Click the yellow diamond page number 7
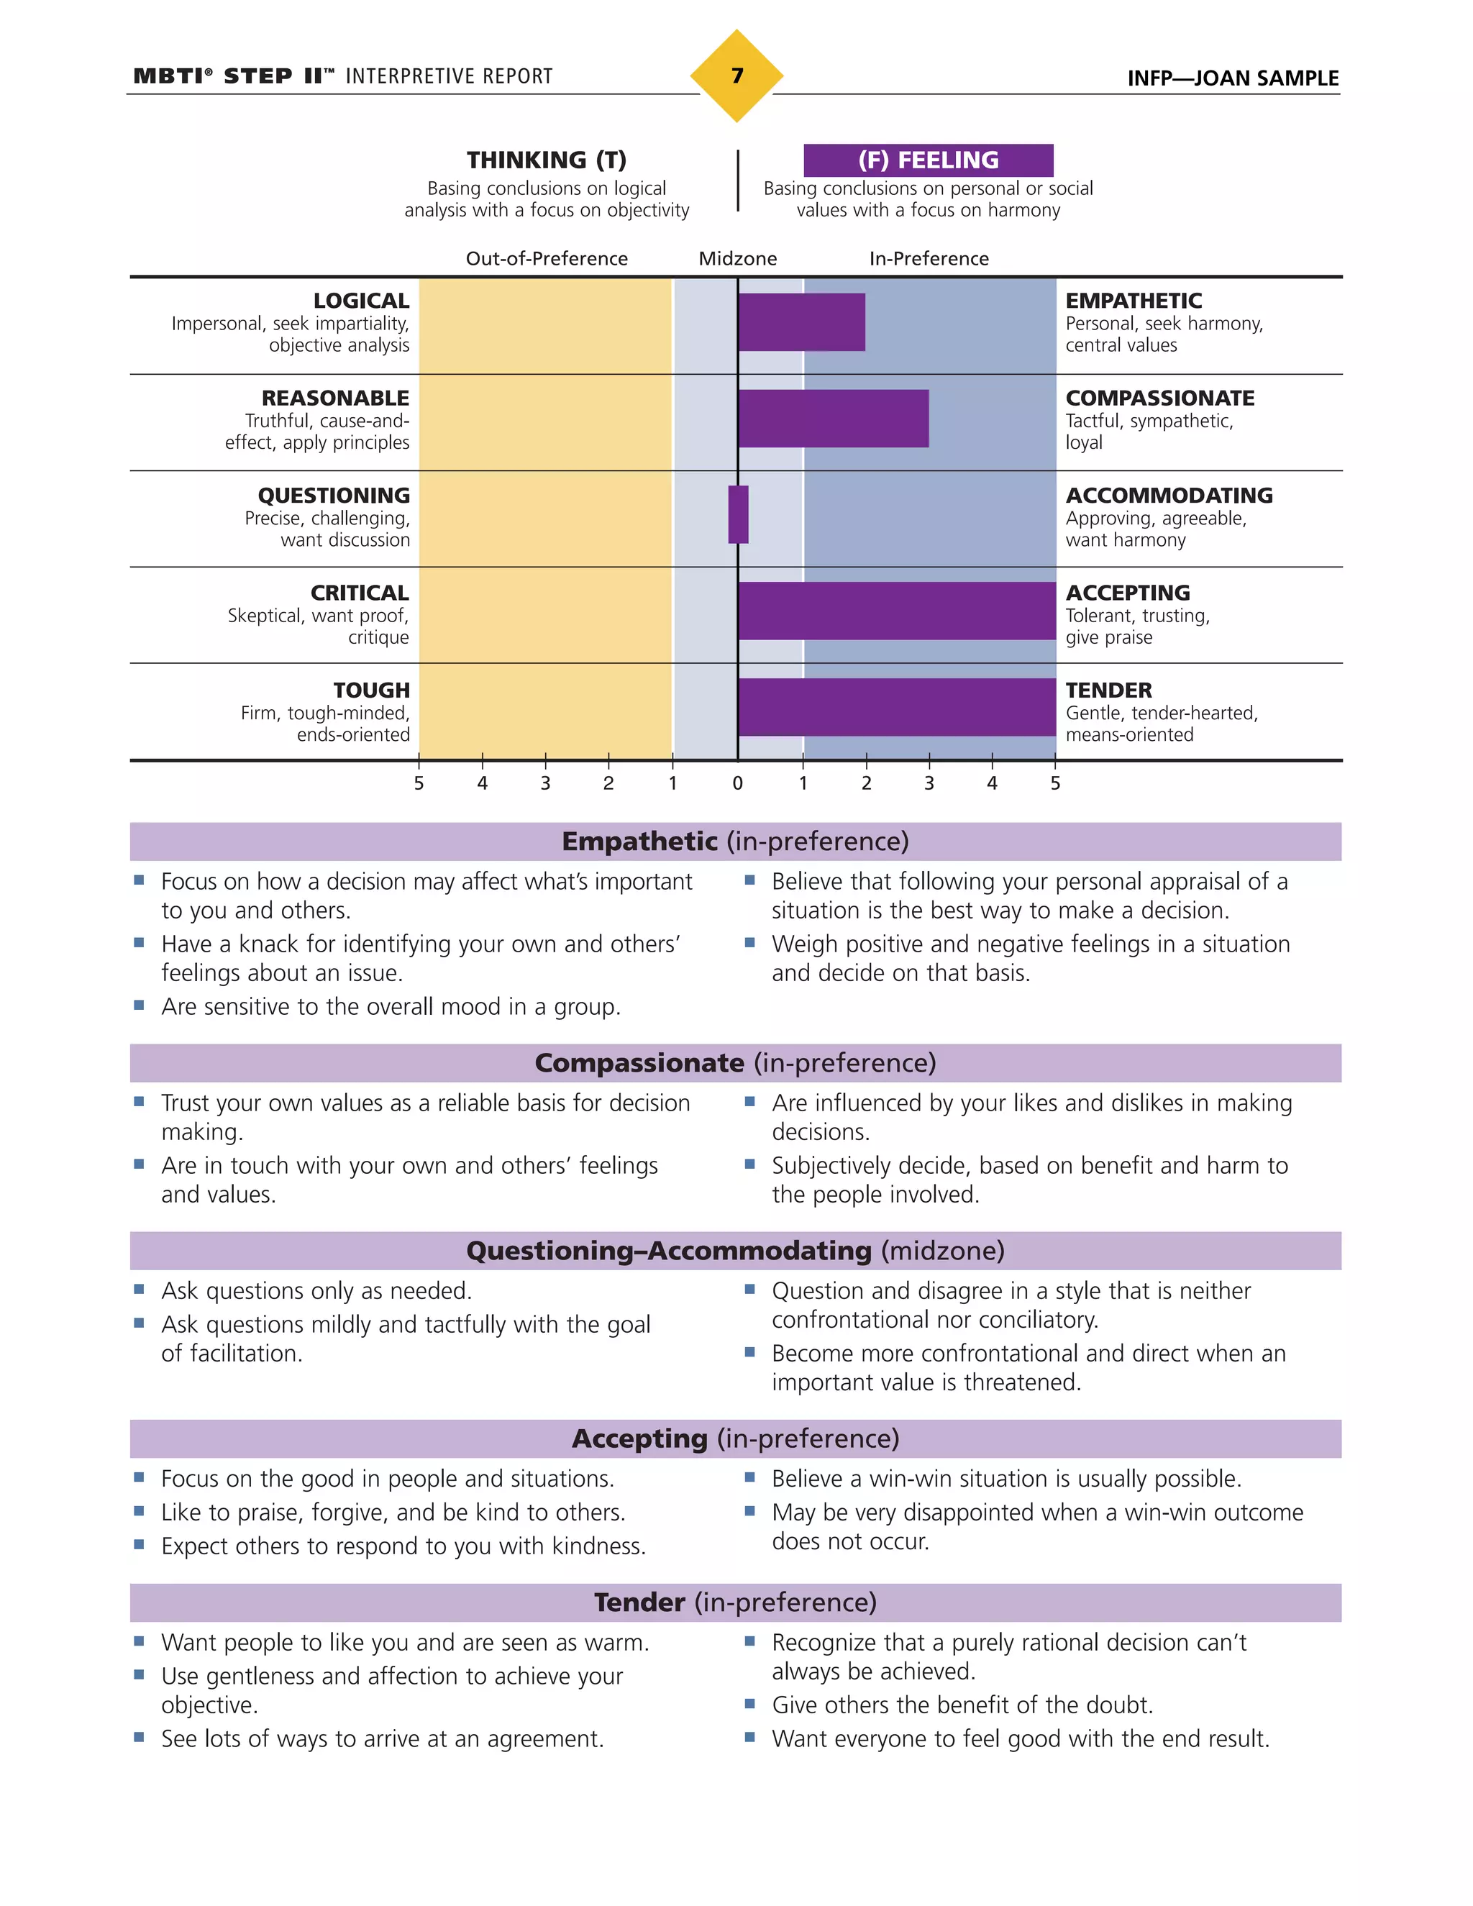(736, 76)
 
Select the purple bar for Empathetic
(801, 322)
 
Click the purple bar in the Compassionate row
(834, 419)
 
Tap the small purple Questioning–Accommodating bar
(738, 515)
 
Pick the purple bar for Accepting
(896, 611)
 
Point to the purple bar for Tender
(896, 708)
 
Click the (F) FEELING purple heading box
(928, 160)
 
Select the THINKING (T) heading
(547, 160)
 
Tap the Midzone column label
(737, 259)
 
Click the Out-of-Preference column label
(547, 259)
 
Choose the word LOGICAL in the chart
(361, 301)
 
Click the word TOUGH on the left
(371, 690)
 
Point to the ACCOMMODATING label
(1169, 496)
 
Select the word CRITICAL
(360, 593)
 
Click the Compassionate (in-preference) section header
(736, 1063)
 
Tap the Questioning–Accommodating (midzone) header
(736, 1251)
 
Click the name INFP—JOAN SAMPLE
(1232, 78)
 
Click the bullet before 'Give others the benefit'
(749, 1702)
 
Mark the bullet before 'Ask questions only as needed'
(140, 1289)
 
